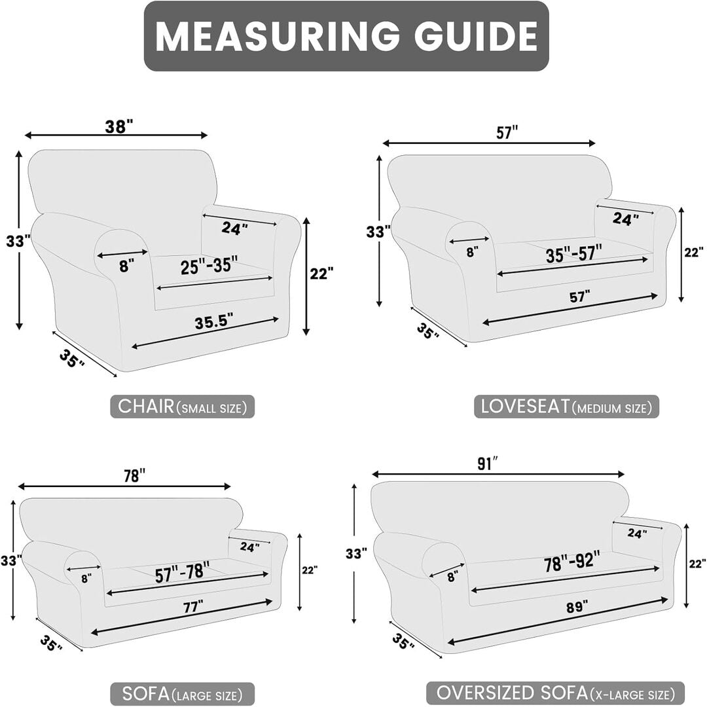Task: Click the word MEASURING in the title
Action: (277, 35)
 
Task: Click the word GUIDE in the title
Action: (476, 35)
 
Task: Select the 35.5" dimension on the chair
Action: (213, 322)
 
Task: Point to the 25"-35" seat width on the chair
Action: (209, 265)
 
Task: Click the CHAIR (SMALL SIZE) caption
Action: (183, 407)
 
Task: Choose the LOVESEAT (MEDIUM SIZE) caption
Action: (566, 407)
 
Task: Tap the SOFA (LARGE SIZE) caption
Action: (182, 694)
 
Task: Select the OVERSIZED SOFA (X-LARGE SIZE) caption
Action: (556, 693)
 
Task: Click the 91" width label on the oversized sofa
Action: (488, 464)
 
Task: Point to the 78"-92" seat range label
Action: (572, 561)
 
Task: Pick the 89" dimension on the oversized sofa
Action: (577, 606)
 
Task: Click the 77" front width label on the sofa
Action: (193, 606)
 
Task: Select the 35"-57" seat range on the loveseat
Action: (574, 254)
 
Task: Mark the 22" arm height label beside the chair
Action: (322, 273)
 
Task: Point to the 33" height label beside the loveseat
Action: (378, 232)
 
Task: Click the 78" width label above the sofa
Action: (135, 476)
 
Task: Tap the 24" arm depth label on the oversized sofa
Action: (638, 534)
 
